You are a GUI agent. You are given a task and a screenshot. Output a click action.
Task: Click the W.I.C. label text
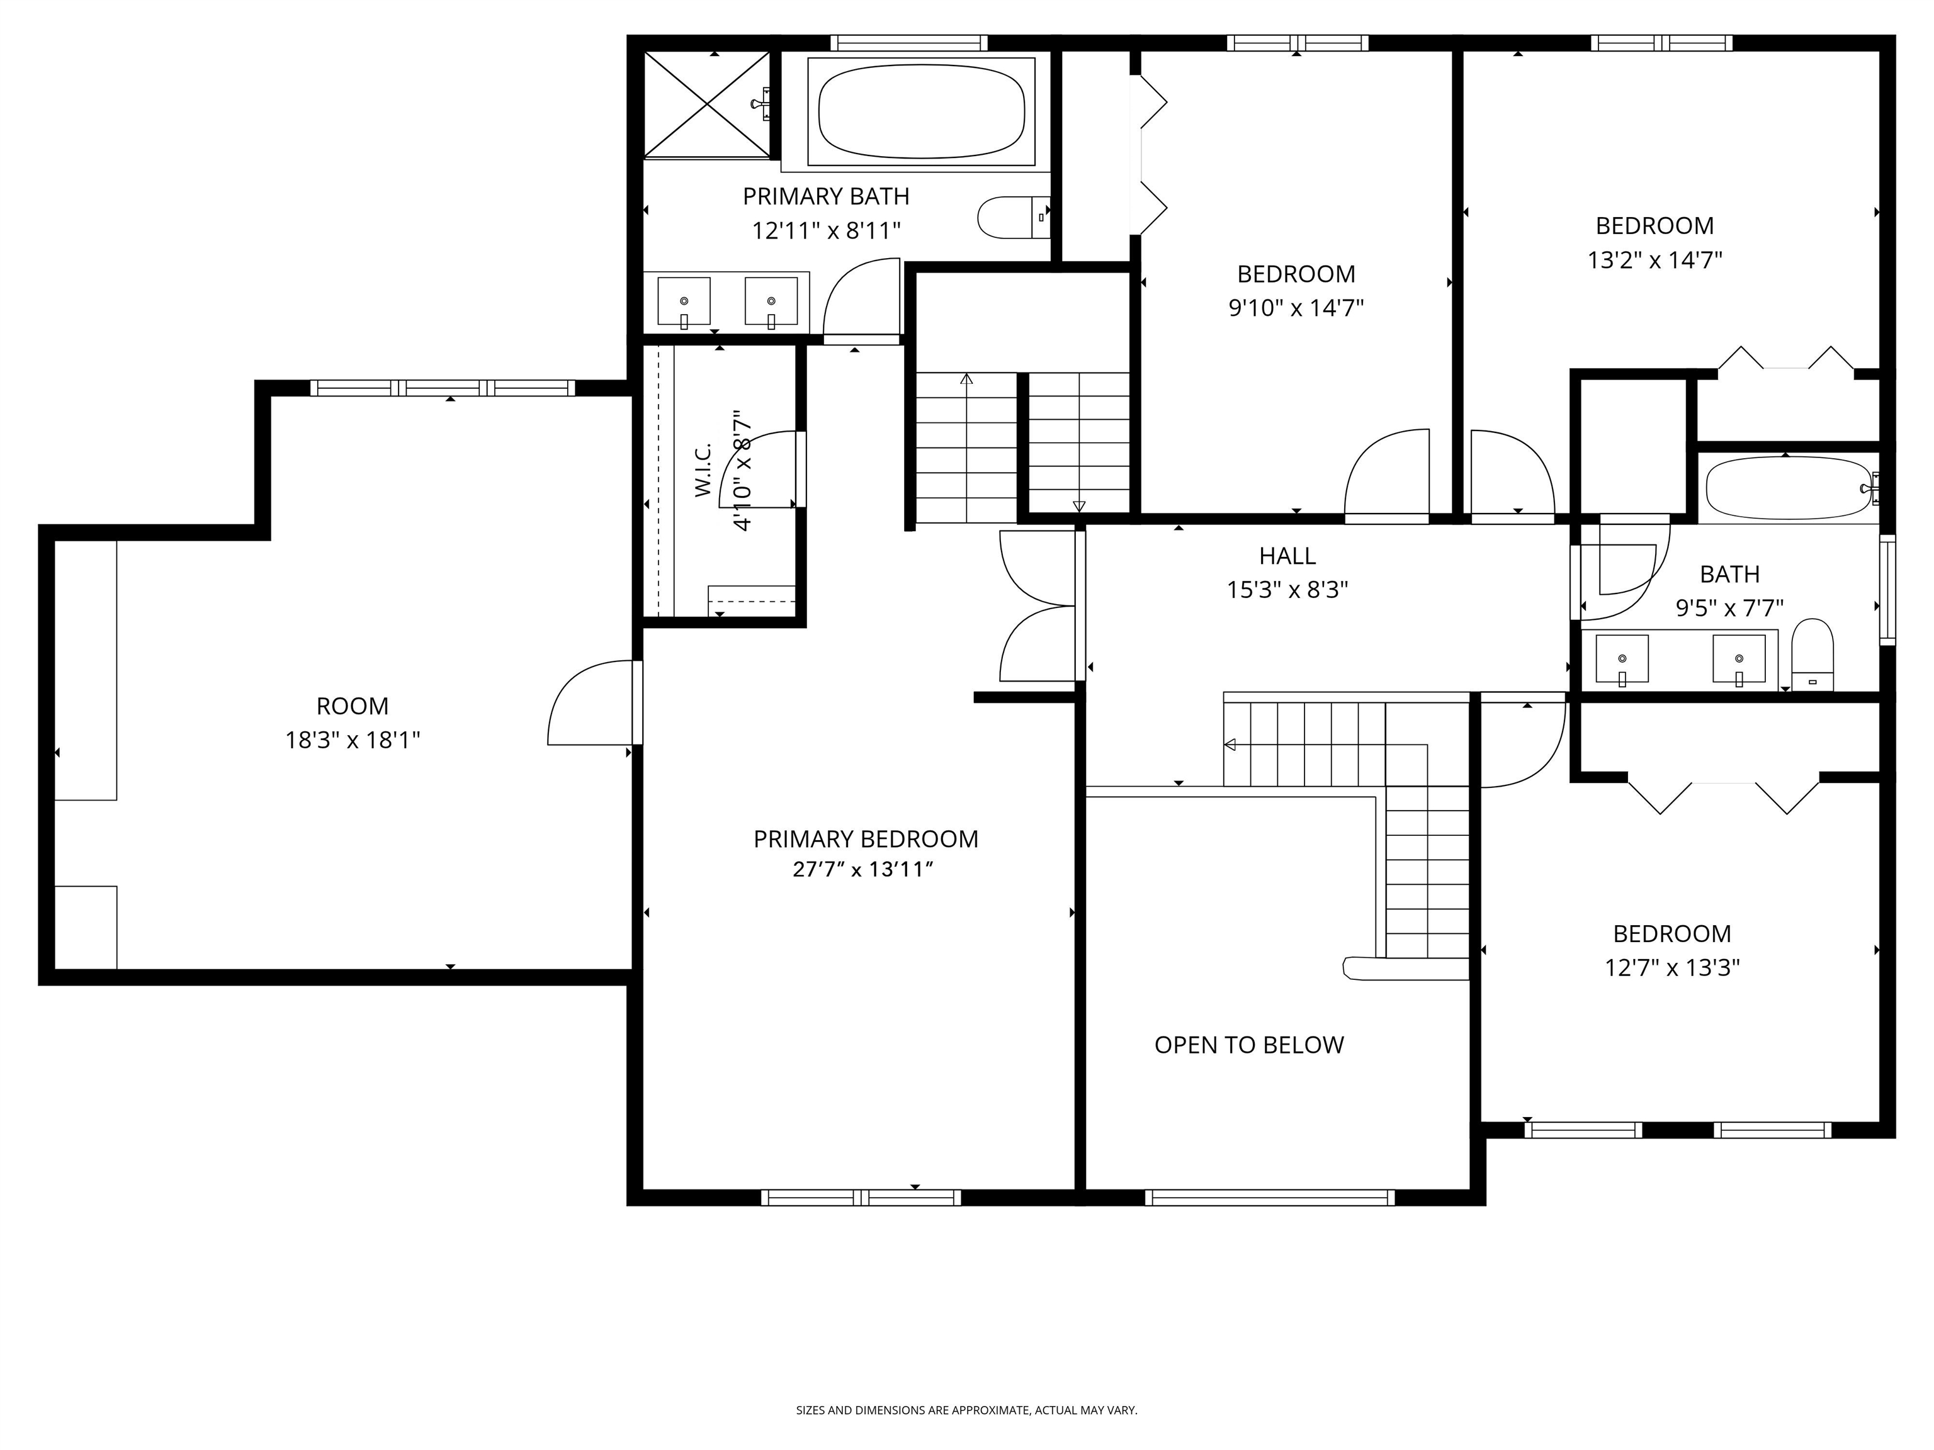point(704,470)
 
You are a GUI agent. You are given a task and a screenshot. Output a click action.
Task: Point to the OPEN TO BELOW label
point(1248,1045)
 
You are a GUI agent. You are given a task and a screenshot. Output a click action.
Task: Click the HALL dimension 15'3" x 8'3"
point(1287,590)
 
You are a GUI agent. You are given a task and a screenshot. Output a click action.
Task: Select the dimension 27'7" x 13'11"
point(863,870)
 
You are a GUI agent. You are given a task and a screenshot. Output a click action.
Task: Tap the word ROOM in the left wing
point(353,706)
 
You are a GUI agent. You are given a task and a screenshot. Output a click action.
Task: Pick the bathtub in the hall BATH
point(1789,488)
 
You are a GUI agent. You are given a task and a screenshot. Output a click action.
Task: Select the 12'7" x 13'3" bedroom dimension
point(1671,969)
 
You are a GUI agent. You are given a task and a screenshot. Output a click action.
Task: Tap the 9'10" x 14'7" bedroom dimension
point(1296,308)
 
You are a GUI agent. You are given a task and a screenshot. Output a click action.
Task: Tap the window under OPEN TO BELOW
point(1270,1198)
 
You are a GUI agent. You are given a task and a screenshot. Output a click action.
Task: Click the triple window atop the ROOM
point(443,388)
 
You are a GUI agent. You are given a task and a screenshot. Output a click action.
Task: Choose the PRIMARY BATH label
point(825,196)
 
